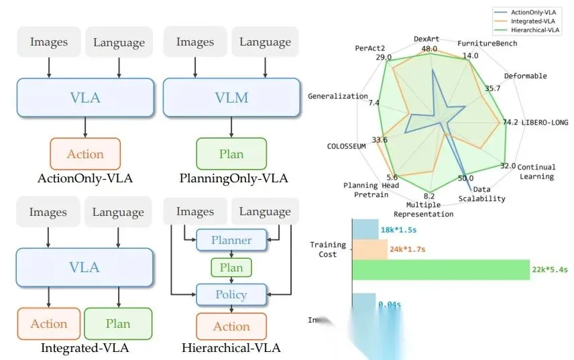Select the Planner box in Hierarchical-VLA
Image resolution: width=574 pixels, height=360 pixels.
coord(231,240)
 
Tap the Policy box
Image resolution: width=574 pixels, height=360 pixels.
coord(231,295)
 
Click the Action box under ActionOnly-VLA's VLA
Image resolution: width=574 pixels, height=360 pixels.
coord(85,154)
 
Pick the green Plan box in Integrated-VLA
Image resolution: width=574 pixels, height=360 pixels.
coord(118,324)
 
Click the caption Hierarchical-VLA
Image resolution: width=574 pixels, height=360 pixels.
coord(231,348)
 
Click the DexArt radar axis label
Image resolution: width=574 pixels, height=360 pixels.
coord(426,38)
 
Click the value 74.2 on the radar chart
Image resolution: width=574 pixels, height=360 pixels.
coord(510,122)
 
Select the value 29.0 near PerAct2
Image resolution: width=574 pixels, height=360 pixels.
coord(384,58)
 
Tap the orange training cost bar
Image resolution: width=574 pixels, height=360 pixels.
coord(369,249)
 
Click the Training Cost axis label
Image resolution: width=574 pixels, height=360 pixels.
coord(327,249)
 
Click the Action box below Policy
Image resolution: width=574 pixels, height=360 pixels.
coord(231,326)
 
